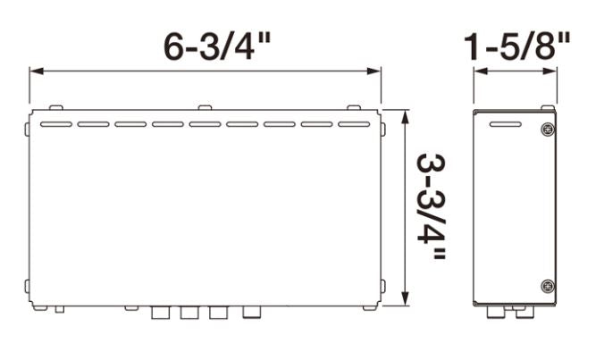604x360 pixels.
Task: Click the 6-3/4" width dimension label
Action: tap(218, 46)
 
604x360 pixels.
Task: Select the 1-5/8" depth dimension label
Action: tap(516, 46)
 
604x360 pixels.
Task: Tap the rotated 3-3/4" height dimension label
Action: tap(432, 206)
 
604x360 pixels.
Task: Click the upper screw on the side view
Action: tap(548, 130)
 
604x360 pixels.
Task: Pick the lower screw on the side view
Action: tap(548, 286)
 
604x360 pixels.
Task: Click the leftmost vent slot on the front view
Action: tap(56, 124)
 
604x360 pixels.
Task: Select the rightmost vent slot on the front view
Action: tap(354, 124)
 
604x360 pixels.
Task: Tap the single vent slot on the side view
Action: tap(506, 124)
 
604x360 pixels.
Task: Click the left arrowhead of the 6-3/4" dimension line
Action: tap(37, 71)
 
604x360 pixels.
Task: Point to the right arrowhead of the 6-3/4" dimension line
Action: tap(374, 71)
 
